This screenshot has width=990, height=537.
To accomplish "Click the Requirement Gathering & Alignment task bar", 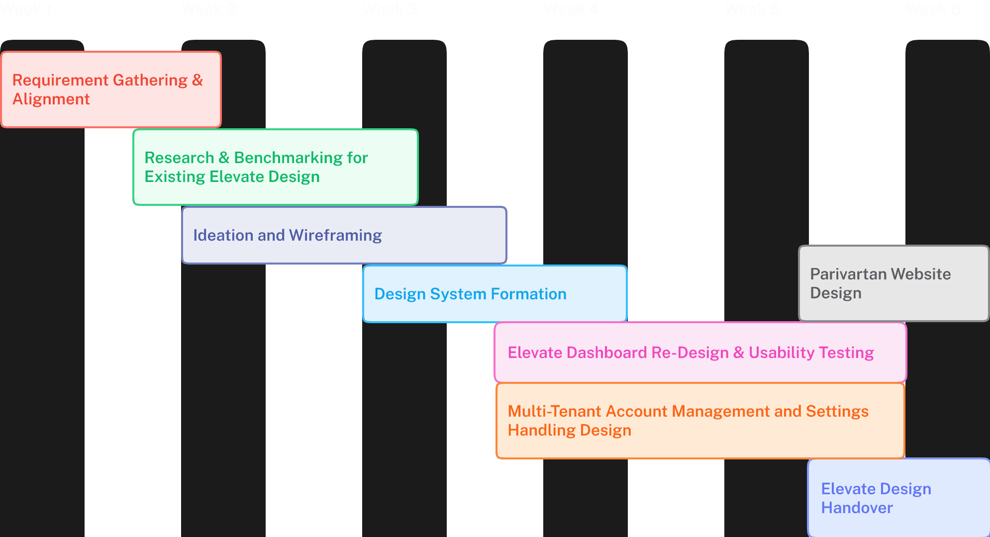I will pos(111,89).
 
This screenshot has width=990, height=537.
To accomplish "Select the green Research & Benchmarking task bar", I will pos(276,167).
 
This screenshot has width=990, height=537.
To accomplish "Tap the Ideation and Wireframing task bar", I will pos(344,235).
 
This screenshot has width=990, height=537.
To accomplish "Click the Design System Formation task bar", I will pos(495,294).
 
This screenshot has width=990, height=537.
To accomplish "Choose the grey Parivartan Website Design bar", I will pos(893,283).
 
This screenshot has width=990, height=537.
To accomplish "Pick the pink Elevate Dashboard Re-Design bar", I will pos(700,353).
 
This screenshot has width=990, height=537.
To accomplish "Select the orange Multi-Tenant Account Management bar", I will pos(700,421).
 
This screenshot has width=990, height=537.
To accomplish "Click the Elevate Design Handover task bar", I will pos(898,498).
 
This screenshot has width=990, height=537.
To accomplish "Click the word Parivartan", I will pos(848,274).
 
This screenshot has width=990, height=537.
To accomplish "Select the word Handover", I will pos(857,508).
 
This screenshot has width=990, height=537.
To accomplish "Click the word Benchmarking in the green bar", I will pos(288,158).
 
